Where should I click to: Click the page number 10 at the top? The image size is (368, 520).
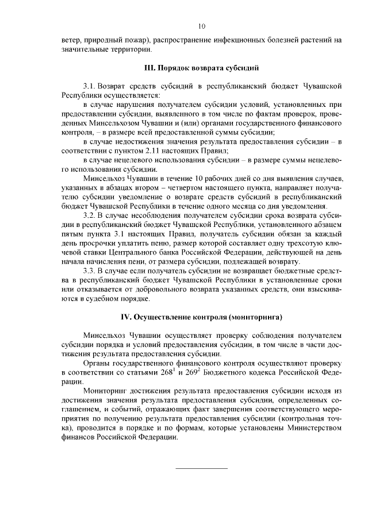(201, 26)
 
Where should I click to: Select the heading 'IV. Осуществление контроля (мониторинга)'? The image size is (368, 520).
(201, 317)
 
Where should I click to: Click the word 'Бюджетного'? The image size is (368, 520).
(221, 372)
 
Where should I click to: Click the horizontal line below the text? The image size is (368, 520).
(201, 468)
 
